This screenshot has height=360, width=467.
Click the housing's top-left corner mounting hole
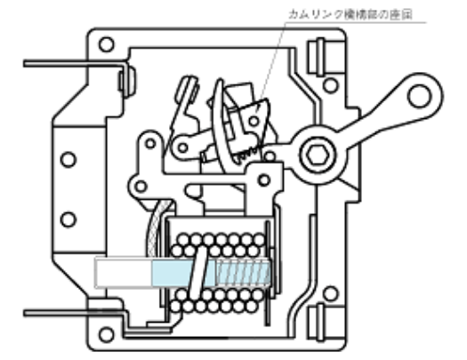(105, 44)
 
